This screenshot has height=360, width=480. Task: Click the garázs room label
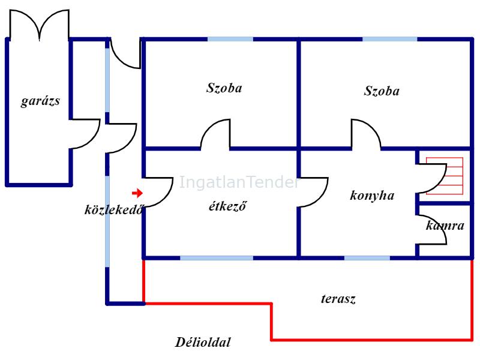coord(40,101)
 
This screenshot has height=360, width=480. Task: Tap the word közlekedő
coord(114,209)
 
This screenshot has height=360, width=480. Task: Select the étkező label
coord(227,206)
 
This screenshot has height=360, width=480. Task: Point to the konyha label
coord(372,196)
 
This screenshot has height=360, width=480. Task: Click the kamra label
coord(445,226)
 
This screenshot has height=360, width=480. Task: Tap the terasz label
coord(338,299)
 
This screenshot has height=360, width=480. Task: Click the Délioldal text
coord(203,342)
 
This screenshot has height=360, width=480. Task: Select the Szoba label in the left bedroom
coord(224,88)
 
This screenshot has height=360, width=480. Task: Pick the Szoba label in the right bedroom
coord(382,91)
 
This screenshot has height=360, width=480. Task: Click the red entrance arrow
coord(137,193)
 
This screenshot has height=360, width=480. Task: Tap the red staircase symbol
coord(445,176)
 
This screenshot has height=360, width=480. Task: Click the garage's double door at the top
coord(39,25)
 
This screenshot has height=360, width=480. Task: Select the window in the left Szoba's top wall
coord(230,39)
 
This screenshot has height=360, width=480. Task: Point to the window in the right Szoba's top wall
coord(389,39)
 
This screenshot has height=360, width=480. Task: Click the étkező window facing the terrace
coord(217,258)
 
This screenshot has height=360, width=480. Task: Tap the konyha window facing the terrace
coord(367,258)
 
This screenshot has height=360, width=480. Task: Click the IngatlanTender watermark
coord(238,182)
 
